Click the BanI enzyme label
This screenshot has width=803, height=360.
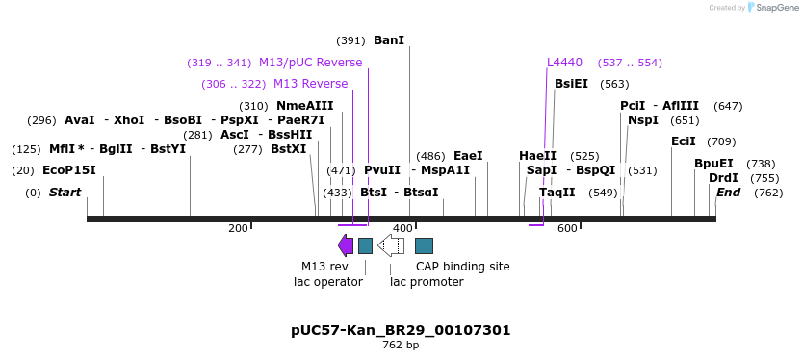(x=389, y=40)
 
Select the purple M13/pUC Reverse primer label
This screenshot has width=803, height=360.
(x=310, y=63)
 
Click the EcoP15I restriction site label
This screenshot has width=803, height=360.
(x=69, y=170)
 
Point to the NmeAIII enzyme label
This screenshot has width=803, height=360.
(x=304, y=106)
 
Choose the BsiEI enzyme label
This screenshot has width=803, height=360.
(x=571, y=84)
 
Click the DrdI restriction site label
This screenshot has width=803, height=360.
(x=723, y=178)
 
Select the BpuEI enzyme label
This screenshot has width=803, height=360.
(x=713, y=164)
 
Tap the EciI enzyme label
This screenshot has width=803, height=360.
(x=683, y=141)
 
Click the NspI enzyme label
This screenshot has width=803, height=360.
(x=643, y=120)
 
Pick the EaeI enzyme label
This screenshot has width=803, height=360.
(x=468, y=156)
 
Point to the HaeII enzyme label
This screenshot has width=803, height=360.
(x=537, y=156)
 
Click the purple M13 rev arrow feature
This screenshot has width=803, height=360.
(x=346, y=245)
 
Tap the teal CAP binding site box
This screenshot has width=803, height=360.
(x=424, y=245)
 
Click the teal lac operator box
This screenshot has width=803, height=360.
(x=365, y=245)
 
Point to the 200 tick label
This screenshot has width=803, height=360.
(x=238, y=228)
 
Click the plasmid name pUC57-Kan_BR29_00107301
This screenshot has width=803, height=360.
(x=401, y=330)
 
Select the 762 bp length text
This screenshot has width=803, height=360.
(x=401, y=345)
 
